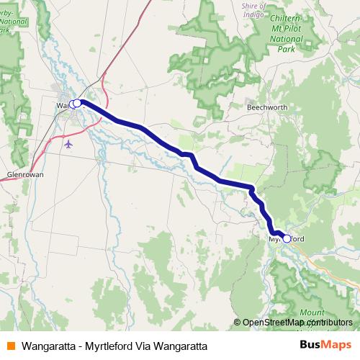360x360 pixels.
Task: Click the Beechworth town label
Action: pyautogui.click(x=267, y=107)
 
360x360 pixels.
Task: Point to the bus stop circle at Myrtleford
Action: pyautogui.click(x=287, y=238)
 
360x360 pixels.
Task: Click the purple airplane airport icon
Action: pyautogui.click(x=68, y=143)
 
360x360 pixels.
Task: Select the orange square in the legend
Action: pyautogui.click(x=11, y=345)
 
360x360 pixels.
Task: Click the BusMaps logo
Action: pyautogui.click(x=325, y=344)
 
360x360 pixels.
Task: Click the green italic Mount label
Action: pyautogui.click(x=312, y=313)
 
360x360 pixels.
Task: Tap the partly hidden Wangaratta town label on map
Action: pyautogui.click(x=62, y=105)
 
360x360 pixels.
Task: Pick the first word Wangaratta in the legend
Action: pyautogui.click(x=47, y=345)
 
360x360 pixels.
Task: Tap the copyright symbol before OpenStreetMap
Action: pyautogui.click(x=238, y=323)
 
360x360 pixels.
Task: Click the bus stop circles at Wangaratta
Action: pyautogui.click(x=76, y=103)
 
